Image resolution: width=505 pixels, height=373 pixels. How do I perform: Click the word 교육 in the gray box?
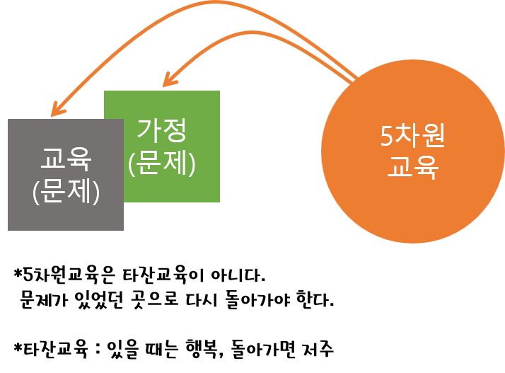[66, 161]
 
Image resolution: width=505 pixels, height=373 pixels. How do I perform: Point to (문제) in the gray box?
[66, 192]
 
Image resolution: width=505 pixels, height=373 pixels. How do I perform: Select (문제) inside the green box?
[161, 162]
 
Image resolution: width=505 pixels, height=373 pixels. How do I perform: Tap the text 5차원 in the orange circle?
[413, 136]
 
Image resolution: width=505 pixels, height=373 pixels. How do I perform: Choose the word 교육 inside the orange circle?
[413, 168]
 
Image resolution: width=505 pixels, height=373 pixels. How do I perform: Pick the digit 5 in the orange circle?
[386, 136]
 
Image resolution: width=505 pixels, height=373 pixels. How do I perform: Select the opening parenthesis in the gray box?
[37, 193]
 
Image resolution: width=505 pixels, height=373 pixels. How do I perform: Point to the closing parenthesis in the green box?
[190, 163]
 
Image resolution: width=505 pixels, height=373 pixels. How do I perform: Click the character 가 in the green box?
[149, 130]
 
